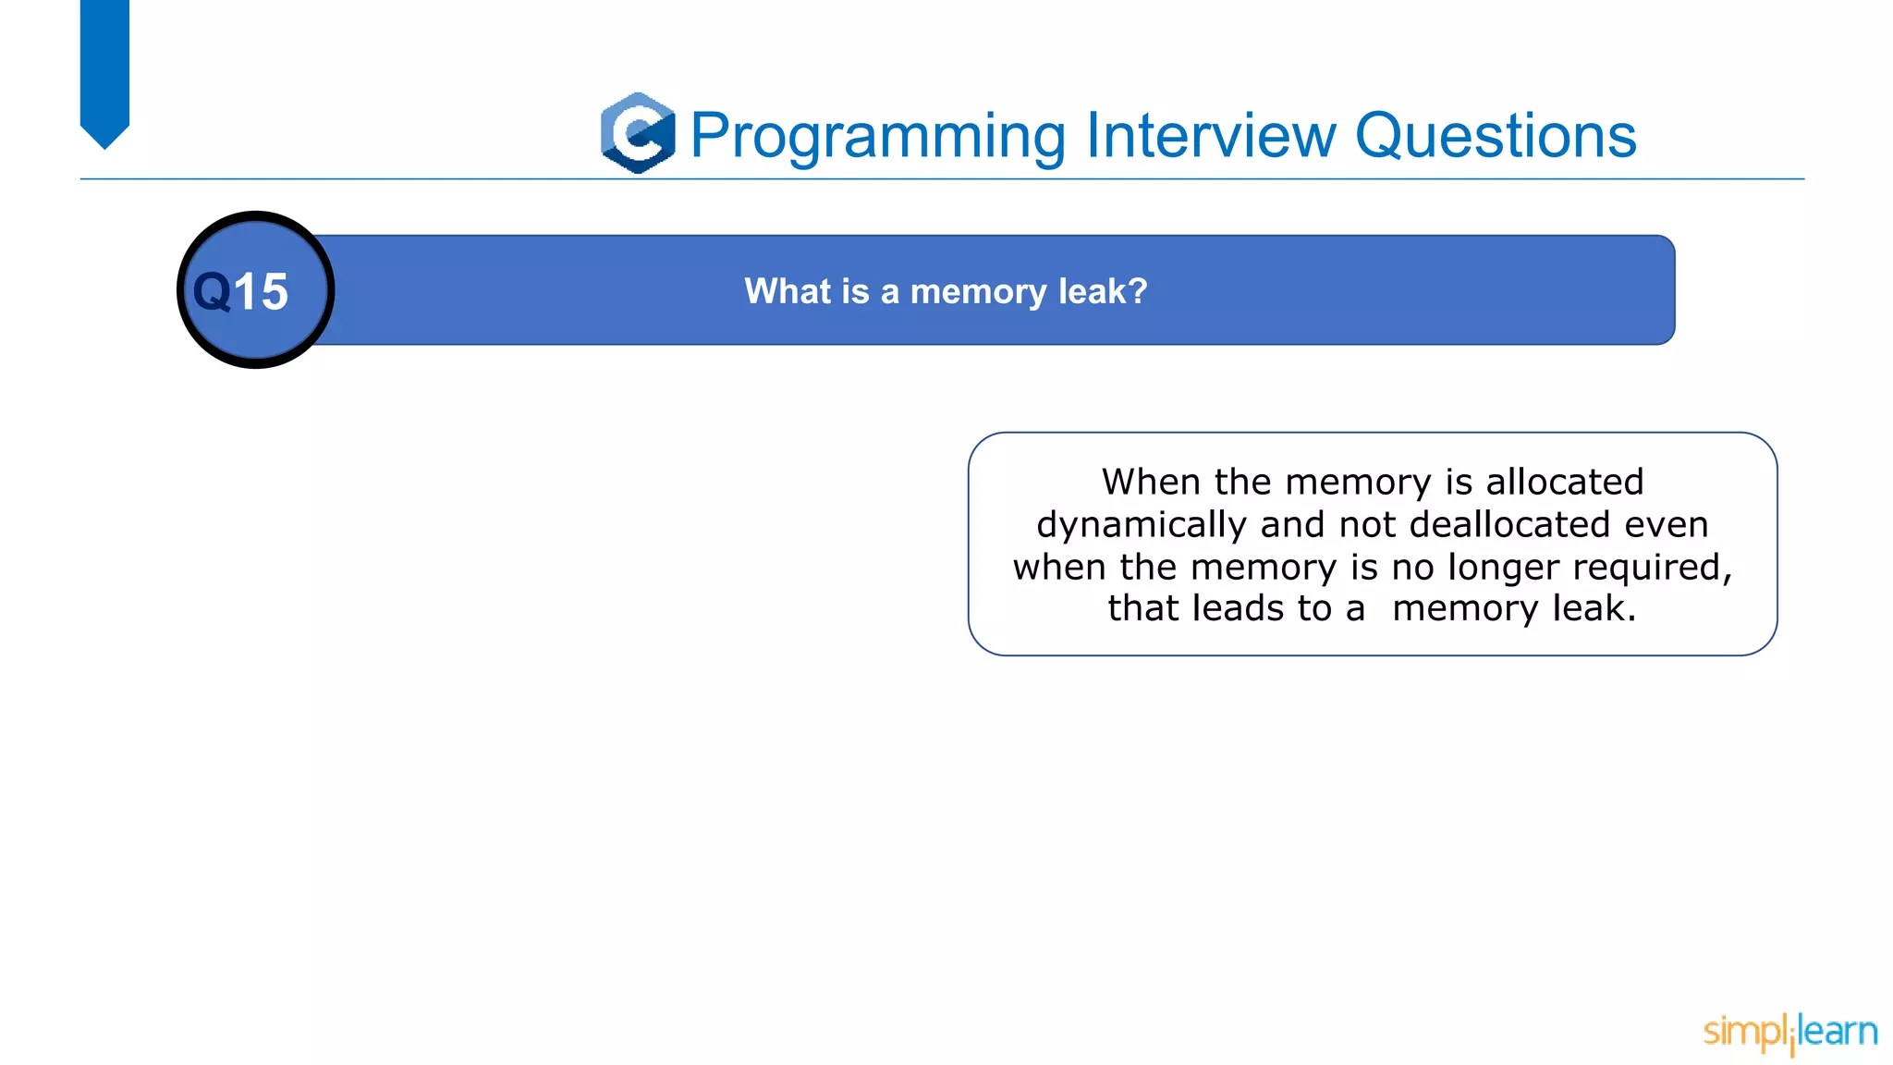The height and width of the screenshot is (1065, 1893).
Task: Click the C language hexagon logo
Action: tap(638, 133)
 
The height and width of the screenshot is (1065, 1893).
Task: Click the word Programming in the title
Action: tap(878, 136)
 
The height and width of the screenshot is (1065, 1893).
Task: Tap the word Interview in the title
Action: tap(1211, 136)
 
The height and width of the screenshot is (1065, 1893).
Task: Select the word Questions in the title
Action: tap(1495, 136)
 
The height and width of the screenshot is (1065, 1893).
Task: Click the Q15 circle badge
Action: tap(255, 290)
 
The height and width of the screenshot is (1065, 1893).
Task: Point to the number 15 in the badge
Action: tap(261, 292)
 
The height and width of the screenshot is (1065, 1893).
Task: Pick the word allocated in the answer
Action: tap(1565, 482)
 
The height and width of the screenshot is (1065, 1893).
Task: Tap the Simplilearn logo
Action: tap(1789, 1032)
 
